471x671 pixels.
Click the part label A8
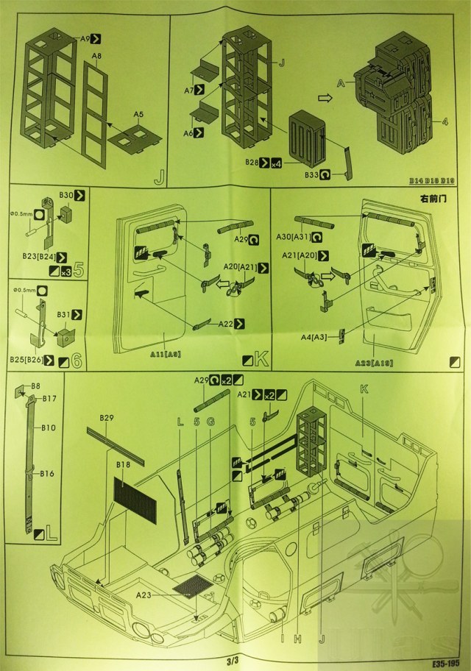point(96,56)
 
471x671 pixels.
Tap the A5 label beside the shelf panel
point(139,114)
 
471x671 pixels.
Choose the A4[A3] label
point(314,337)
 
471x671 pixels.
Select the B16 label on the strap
point(48,472)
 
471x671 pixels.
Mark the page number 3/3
point(234,660)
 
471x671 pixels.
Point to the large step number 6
point(75,360)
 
